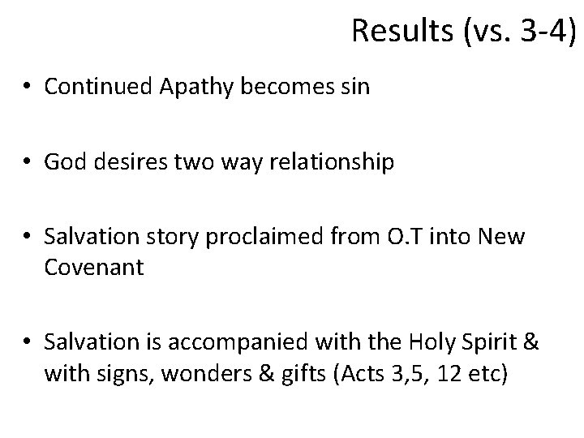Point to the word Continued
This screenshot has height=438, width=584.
click(92, 87)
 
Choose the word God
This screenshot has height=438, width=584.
click(65, 163)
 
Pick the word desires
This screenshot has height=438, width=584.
click(124, 163)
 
